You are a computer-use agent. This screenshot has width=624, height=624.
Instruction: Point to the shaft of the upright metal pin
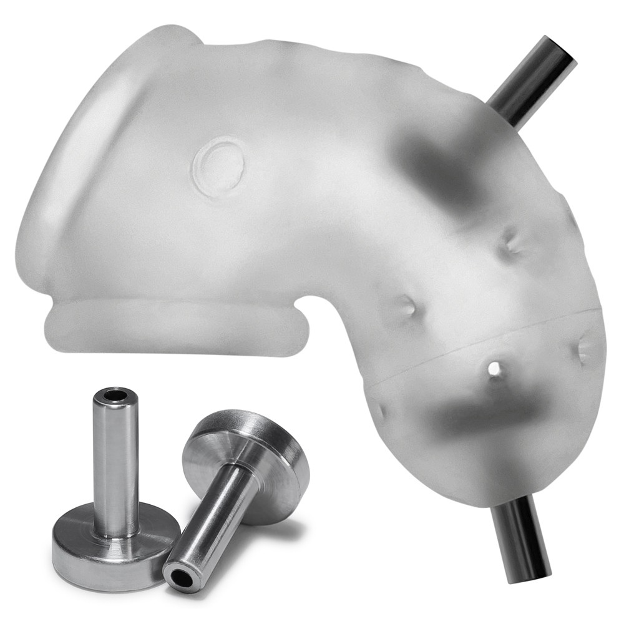pos(116,462)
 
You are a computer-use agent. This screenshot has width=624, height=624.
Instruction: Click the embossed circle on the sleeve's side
pos(219,166)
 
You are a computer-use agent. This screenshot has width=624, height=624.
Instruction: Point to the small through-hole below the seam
pos(494,369)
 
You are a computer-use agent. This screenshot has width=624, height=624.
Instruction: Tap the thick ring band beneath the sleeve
pos(175,328)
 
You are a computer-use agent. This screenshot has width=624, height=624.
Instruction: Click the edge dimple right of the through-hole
pos(587,349)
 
